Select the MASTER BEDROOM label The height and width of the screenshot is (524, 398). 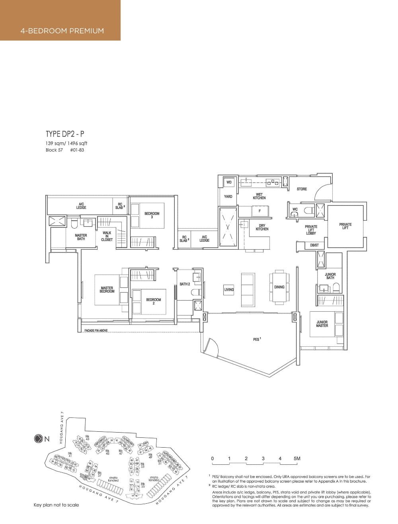tap(107, 289)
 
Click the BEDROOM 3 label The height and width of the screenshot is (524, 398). tap(152, 215)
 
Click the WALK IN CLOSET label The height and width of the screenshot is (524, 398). tap(107, 237)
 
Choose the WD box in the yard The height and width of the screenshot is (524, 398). tap(228, 182)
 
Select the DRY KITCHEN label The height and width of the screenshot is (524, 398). tap(262, 227)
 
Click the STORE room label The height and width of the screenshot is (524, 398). tap(302, 189)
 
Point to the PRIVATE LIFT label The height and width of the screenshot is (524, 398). tap(345, 226)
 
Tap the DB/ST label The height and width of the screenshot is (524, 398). tap(314, 245)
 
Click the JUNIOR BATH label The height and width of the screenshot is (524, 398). tap(330, 276)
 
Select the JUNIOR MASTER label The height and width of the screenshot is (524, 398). tap(322, 324)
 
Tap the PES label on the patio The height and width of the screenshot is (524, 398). tap(257, 339)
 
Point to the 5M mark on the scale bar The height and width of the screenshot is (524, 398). tap(297, 458)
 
